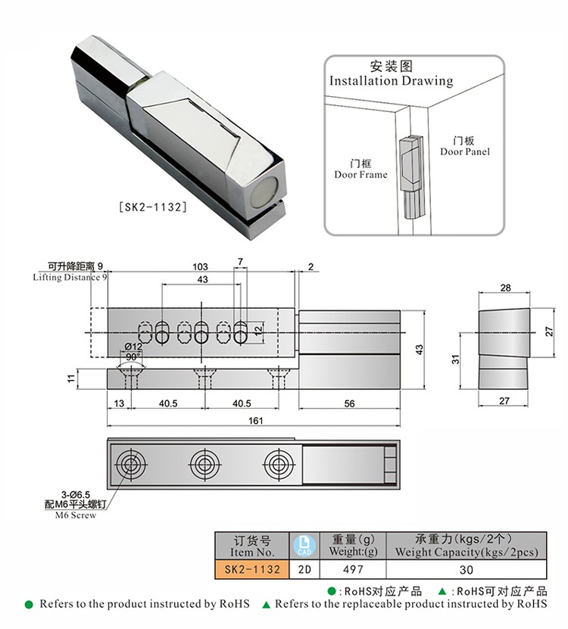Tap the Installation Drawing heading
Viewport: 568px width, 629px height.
pos(391,80)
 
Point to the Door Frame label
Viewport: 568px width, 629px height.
pos(360,169)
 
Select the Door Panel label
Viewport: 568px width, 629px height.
pos(465,146)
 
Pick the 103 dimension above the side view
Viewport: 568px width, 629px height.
pos(200,266)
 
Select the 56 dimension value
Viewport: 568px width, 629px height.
pos(349,403)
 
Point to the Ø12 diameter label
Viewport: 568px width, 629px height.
pos(133,346)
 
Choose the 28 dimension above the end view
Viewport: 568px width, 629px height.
pos(505,288)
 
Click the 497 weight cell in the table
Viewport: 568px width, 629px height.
pos(353,569)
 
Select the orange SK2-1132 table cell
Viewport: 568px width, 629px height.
pos(249,569)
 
